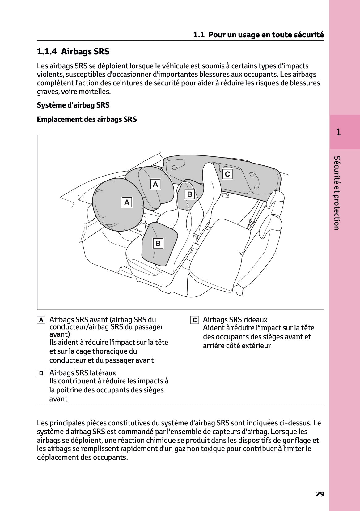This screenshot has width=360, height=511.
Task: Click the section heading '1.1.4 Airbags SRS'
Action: coord(73,51)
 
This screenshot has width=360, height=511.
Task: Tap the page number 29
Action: coord(320,494)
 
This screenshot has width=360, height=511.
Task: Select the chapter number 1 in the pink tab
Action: coord(338,132)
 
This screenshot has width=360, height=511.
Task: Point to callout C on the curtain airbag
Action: coord(227,174)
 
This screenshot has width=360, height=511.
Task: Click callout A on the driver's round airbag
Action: coord(127,202)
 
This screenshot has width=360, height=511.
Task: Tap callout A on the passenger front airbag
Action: coord(155,184)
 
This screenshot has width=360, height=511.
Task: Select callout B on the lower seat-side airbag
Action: coord(158,243)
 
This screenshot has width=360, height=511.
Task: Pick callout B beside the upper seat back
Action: coord(190,194)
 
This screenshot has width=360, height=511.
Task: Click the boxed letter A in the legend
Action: coord(41,320)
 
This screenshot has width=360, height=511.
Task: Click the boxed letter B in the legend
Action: coord(41,373)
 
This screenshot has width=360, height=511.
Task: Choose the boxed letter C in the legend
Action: coord(194,320)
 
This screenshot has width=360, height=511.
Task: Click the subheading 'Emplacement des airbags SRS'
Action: coord(87,119)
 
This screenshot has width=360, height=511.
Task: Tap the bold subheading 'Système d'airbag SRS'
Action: coord(73,105)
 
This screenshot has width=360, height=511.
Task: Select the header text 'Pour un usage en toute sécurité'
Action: coord(266,35)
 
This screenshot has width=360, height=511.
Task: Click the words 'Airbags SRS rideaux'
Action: coord(235,320)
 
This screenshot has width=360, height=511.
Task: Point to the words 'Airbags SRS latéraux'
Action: coord(83,373)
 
